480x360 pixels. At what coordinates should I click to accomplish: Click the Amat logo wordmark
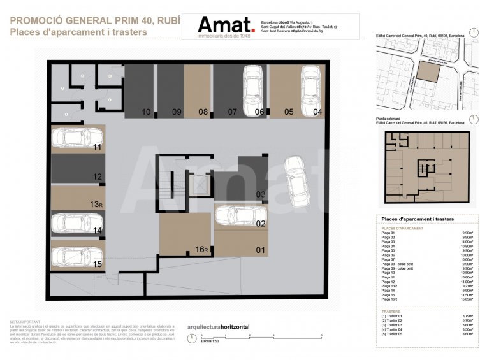point(224,25)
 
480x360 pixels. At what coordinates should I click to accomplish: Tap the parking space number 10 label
point(147,112)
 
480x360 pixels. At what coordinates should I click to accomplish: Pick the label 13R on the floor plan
point(96,204)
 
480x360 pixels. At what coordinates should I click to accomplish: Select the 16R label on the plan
point(202,250)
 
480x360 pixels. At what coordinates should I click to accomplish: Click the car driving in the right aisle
point(295,181)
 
